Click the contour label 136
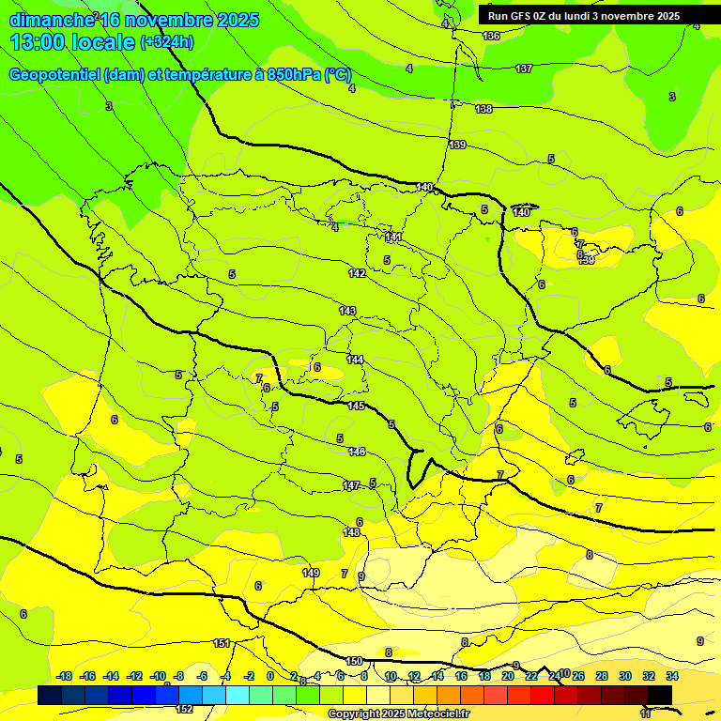click(491, 36)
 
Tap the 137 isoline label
click(524, 69)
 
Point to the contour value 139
click(457, 145)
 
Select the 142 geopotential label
click(357, 273)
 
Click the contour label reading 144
click(355, 360)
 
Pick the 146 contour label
click(357, 452)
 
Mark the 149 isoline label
click(311, 573)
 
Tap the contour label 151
click(222, 643)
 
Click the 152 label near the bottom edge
click(185, 709)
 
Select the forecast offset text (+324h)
click(166, 42)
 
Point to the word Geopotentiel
click(55, 75)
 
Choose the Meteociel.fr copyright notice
click(398, 714)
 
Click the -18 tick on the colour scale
click(64, 676)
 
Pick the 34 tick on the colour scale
click(672, 676)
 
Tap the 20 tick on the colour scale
click(508, 676)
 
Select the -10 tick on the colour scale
click(158, 676)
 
